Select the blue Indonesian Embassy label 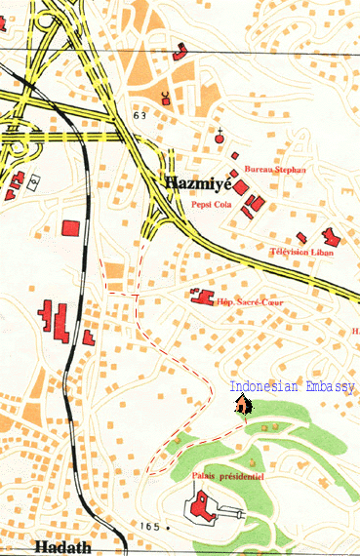tap(292, 387)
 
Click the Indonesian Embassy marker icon tap(242, 405)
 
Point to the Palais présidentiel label tap(230, 475)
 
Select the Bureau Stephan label tap(276, 170)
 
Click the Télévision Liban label tap(301, 253)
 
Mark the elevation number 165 tap(148, 527)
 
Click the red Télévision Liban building tap(329, 236)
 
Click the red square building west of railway tap(70, 228)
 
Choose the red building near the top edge tap(181, 52)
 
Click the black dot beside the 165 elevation tap(168, 527)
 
